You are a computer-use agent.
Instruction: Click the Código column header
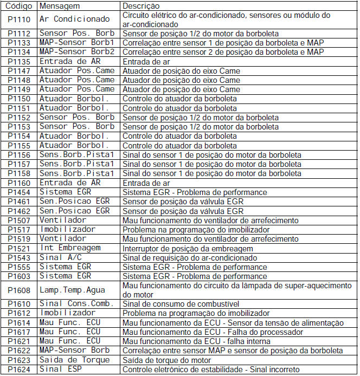[18, 5]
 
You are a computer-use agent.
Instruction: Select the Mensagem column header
[60, 5]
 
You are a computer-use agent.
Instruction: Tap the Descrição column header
[141, 5]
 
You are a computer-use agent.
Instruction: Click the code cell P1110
[18, 20]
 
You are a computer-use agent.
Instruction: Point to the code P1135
[18, 61]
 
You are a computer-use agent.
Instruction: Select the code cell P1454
[18, 192]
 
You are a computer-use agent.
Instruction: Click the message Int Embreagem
[70, 248]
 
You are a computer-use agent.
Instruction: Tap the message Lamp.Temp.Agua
[72, 289]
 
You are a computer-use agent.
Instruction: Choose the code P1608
[18, 289]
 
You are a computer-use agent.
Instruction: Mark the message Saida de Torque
[74, 360]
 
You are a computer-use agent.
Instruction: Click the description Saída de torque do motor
[167, 360]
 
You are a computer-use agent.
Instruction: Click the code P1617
[18, 332]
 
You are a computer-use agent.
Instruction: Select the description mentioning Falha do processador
[213, 332]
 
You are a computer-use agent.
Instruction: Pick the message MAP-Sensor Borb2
[76, 51]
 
